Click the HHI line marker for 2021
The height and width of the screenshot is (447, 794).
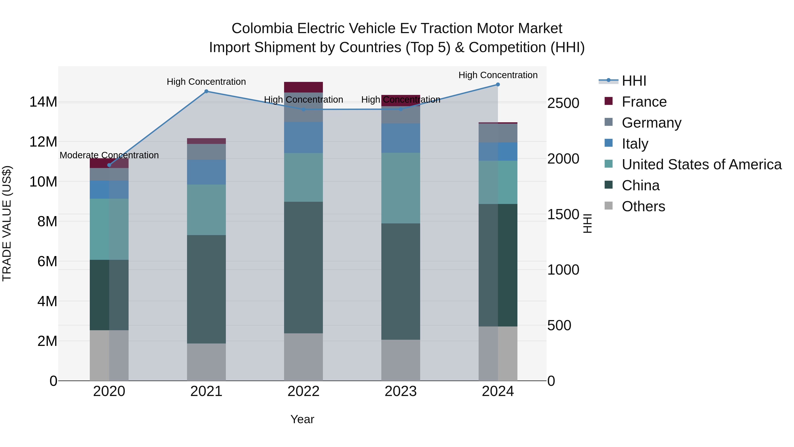pos(206,91)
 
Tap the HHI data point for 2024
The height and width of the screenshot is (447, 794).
pos(498,85)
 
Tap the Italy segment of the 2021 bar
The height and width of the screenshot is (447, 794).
pos(206,172)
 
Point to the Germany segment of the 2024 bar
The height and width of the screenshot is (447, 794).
pos(498,133)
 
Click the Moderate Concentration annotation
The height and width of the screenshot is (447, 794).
pos(109,155)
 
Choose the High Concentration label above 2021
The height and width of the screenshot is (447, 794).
pos(206,82)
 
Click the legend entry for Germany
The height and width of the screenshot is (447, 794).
pos(651,123)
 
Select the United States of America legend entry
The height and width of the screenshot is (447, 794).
pos(701,164)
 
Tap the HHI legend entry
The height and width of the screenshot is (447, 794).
pos(633,81)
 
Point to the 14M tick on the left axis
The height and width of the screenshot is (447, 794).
pos(43,102)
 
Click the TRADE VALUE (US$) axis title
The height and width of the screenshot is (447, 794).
pos(7,223)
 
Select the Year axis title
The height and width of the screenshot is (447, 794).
pos(302,419)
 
